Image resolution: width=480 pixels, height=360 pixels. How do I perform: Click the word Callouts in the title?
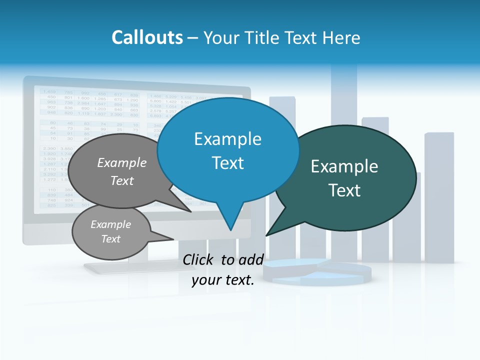(147, 37)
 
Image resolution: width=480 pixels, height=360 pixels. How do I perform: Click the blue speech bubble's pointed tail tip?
(230, 229)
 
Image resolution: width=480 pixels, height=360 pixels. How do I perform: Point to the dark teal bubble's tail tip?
(266, 235)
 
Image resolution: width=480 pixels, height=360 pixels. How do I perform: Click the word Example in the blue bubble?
(227, 138)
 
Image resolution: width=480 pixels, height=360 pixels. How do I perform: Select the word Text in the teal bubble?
(344, 190)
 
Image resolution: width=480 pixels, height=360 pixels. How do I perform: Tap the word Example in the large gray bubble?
(122, 162)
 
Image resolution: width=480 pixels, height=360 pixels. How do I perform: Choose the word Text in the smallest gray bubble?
(110, 239)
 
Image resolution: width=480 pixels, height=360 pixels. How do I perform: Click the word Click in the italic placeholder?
(198, 259)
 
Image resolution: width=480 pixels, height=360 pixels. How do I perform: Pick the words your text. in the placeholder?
(223, 280)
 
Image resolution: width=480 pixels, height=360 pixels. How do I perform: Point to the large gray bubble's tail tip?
(191, 211)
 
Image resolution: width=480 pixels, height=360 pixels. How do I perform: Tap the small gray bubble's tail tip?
(173, 239)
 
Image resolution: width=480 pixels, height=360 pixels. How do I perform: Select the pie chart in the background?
(318, 272)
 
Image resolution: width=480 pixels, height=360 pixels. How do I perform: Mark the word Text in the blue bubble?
(227, 163)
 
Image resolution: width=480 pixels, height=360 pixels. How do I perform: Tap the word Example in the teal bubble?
(344, 166)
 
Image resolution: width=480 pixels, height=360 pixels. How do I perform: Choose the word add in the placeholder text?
(250, 259)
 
